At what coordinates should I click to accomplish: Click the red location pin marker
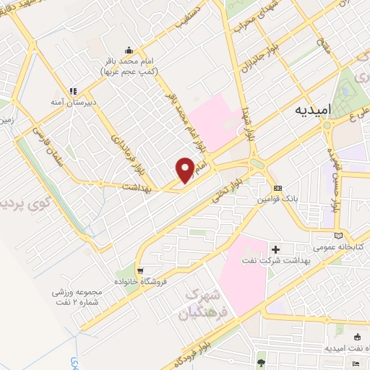[x=185, y=169]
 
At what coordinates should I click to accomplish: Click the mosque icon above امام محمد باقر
[x=129, y=51]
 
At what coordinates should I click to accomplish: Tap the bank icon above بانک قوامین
[x=275, y=189]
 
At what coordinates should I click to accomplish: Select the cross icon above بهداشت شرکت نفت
[x=275, y=249]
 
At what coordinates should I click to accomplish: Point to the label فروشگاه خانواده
[x=148, y=279]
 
